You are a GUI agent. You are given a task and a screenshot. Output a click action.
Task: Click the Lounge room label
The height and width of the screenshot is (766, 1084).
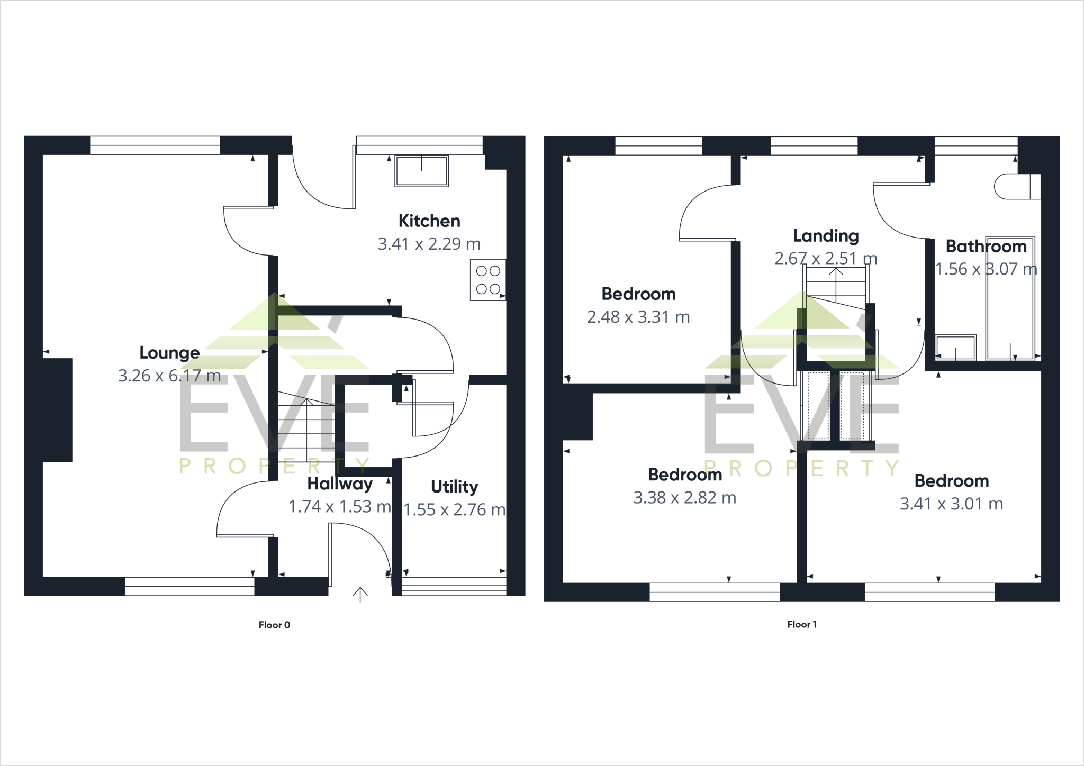pyautogui.click(x=169, y=353)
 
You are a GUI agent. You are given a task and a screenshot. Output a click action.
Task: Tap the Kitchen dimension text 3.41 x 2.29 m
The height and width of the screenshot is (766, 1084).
pyautogui.click(x=429, y=244)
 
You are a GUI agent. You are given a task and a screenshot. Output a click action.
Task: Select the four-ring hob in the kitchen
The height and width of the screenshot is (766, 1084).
pyautogui.click(x=487, y=280)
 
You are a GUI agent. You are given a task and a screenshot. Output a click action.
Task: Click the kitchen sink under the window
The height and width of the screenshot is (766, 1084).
pyautogui.click(x=421, y=170)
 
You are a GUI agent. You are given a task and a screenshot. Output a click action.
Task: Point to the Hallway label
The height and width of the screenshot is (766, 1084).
pyautogui.click(x=340, y=484)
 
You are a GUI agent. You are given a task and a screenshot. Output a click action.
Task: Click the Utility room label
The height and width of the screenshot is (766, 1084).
pyautogui.click(x=454, y=486)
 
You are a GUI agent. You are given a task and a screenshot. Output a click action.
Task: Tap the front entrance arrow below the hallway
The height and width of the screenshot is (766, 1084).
pyautogui.click(x=360, y=594)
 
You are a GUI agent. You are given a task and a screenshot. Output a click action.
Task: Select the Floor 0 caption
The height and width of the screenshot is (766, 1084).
pyautogui.click(x=274, y=625)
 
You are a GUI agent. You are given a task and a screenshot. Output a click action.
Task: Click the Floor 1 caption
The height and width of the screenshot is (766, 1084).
pyautogui.click(x=801, y=624)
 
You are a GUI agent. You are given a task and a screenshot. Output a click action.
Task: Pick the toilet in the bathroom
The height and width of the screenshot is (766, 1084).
pyautogui.click(x=1017, y=186)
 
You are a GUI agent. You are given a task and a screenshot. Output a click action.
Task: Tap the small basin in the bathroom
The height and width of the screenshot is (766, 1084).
pyautogui.click(x=956, y=348)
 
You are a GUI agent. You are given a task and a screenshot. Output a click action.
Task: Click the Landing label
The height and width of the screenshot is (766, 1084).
pyautogui.click(x=826, y=236)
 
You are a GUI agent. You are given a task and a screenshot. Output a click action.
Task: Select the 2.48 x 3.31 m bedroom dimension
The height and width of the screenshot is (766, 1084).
pyautogui.click(x=638, y=317)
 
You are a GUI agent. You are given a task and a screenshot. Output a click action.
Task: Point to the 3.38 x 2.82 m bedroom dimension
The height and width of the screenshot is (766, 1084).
pyautogui.click(x=684, y=498)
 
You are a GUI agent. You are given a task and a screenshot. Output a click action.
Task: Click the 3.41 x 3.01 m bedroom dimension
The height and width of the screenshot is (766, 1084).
pyautogui.click(x=951, y=504)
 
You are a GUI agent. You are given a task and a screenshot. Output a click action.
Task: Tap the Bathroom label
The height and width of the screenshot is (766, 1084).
pyautogui.click(x=986, y=247)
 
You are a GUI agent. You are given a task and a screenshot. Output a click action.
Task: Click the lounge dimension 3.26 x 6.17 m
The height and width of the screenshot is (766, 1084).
pyautogui.click(x=169, y=376)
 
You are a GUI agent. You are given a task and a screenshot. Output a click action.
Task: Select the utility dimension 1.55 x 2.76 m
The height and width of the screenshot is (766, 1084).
pyautogui.click(x=454, y=509)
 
